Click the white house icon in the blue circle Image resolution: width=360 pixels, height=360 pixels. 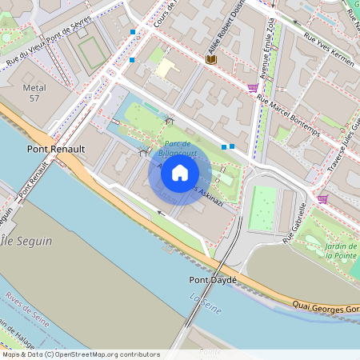(x=180, y=173)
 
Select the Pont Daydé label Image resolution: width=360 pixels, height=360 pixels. (x=212, y=280)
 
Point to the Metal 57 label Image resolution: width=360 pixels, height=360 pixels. (x=34, y=93)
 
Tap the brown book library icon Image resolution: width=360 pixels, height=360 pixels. (x=211, y=59)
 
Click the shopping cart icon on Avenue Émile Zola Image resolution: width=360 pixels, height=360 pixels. (x=253, y=88)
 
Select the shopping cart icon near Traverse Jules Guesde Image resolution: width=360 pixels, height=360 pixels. (x=322, y=198)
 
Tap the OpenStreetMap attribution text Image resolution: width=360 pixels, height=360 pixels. (x=81, y=354)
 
